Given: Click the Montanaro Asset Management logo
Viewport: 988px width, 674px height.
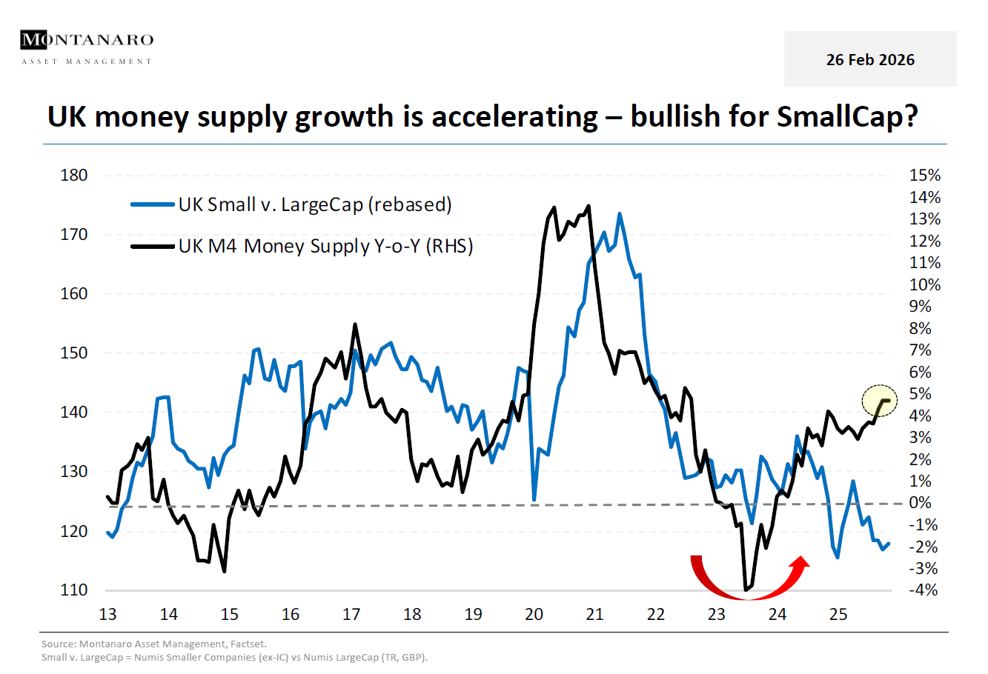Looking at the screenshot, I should point(87,47).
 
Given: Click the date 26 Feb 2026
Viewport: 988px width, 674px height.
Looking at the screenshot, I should point(870,60).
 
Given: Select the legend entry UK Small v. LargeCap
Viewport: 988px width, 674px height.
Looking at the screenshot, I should point(314,205).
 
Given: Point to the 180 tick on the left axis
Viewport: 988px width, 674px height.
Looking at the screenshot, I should point(73,176).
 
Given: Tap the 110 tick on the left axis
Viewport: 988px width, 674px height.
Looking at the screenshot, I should point(73,590).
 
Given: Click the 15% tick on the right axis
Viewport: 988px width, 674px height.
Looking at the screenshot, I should point(924,176).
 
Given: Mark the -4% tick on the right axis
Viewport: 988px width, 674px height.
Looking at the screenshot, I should point(923,590).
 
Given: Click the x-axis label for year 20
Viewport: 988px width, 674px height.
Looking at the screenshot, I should point(534,615).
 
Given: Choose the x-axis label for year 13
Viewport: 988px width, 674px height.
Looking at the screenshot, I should point(107,615).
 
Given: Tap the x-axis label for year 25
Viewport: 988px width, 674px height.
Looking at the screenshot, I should point(838,615).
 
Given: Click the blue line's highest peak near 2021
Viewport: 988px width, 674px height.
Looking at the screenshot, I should point(619,214).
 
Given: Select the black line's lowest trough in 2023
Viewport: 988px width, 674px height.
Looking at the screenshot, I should point(745,590).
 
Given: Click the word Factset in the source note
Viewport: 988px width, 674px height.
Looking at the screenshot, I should point(252,644).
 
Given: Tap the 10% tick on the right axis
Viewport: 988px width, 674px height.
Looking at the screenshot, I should point(924,285).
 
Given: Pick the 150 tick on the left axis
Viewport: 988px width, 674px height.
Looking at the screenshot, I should point(73,353).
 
